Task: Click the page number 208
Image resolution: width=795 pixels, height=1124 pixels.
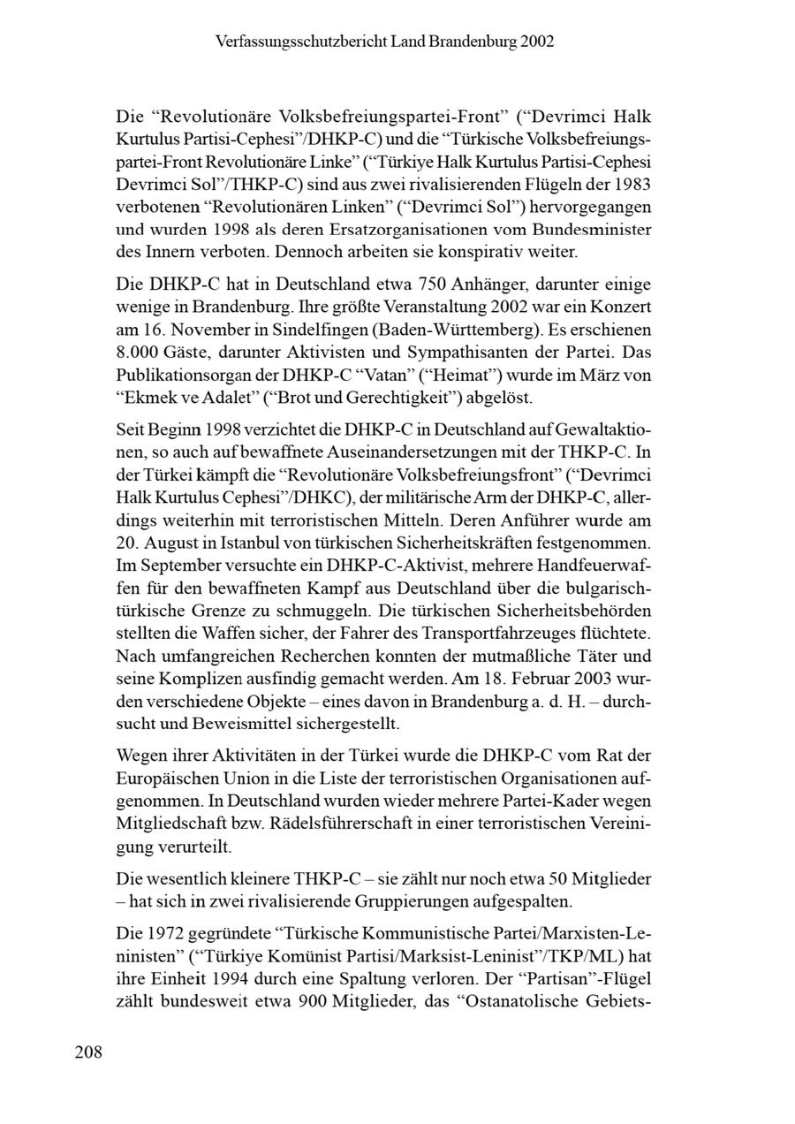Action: [88, 1052]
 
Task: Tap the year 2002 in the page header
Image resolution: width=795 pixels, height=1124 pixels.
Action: [536, 42]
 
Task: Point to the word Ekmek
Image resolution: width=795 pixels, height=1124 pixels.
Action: [146, 398]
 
